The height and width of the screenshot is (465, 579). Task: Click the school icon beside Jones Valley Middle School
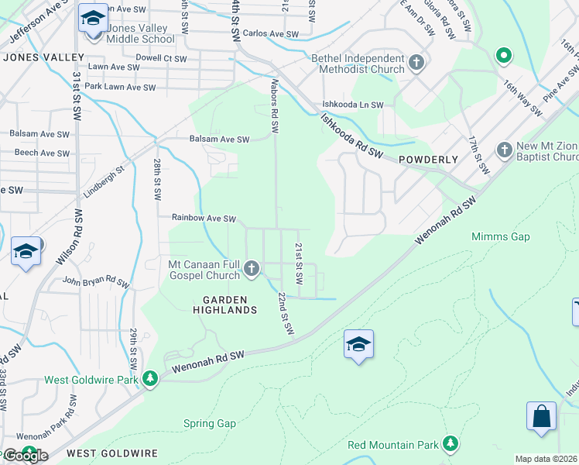pos(93,19)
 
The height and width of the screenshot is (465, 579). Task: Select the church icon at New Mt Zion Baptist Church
pos(504,149)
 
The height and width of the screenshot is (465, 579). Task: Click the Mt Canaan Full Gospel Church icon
pos(251,269)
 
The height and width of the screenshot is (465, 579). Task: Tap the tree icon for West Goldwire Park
pos(150,379)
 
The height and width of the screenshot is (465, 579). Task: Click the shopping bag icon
pos(542,415)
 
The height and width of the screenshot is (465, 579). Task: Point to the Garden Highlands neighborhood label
pos(224,305)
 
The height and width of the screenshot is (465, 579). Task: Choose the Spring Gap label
pos(209,423)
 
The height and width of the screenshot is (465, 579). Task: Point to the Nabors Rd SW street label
pos(274,102)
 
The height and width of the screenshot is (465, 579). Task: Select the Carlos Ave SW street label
pos(270,34)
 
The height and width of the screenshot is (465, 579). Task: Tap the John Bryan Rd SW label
pos(95,281)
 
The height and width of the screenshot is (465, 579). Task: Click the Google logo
pos(25,455)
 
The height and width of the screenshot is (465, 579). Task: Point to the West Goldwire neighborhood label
pos(112,452)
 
